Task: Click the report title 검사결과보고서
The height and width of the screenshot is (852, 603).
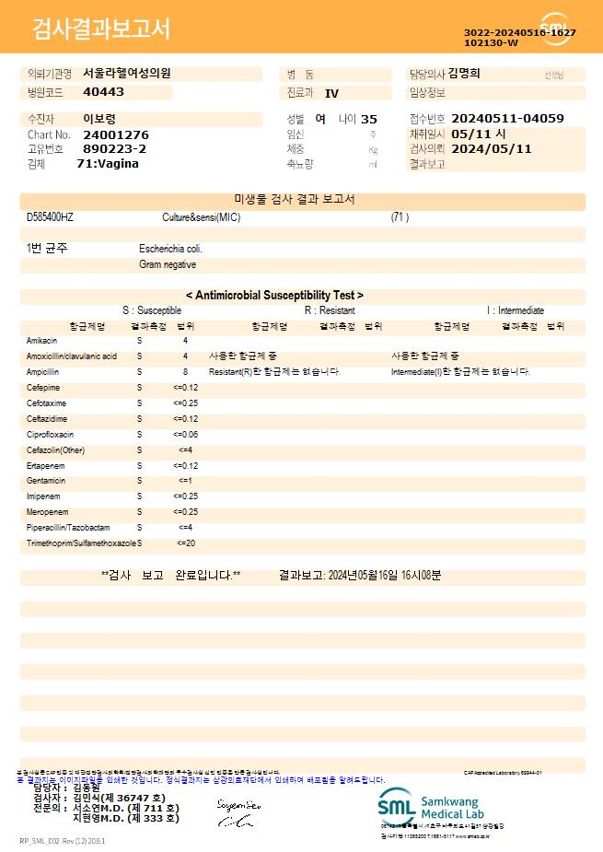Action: tap(101, 29)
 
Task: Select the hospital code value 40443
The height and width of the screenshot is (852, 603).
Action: tap(103, 92)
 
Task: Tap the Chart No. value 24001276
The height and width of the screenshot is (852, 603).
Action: tap(115, 134)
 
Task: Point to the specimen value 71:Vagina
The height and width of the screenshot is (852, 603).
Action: tap(108, 164)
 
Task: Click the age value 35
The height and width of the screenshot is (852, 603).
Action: tap(369, 119)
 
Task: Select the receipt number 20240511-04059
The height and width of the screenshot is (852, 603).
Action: tap(508, 119)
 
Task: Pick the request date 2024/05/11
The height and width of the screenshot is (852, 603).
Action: tap(492, 148)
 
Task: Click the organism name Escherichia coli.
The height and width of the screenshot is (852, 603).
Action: tap(170, 249)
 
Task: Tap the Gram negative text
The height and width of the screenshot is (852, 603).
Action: tap(168, 264)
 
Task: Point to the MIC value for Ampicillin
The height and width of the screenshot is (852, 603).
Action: tap(185, 371)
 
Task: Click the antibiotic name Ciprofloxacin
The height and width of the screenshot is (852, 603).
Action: tap(50, 434)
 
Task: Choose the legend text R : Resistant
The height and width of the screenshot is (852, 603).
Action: tap(330, 311)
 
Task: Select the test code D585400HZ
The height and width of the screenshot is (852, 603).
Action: tap(50, 217)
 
